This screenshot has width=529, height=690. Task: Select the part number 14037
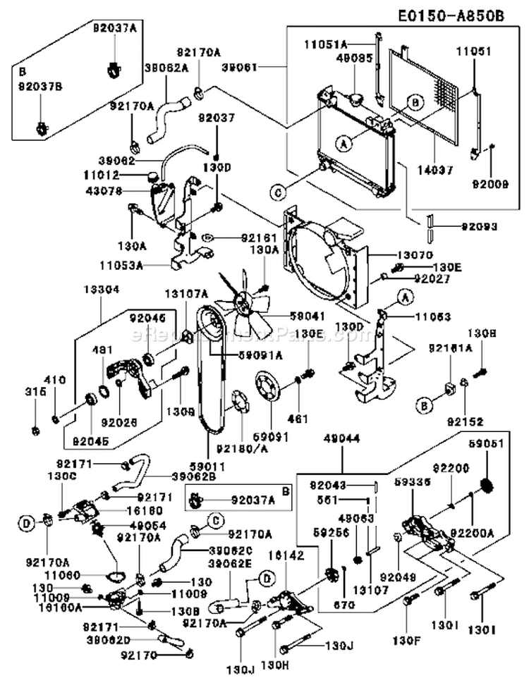click(435, 170)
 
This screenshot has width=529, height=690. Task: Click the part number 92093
click(480, 227)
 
